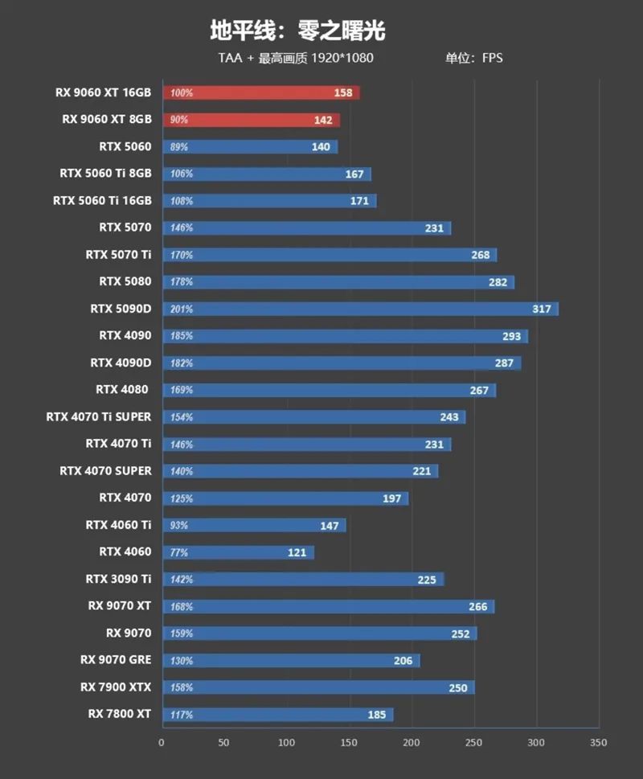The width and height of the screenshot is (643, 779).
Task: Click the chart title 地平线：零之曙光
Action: tap(297, 31)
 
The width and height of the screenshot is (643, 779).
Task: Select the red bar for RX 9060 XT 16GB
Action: tap(260, 92)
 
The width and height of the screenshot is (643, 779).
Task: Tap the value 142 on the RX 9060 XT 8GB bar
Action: tap(323, 120)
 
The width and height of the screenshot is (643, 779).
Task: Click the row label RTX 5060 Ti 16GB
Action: tap(102, 200)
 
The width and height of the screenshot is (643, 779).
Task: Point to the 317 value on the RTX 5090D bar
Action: tap(542, 309)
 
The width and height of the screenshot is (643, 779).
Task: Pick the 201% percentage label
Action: tap(182, 309)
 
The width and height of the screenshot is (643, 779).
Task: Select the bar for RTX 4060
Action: tap(238, 552)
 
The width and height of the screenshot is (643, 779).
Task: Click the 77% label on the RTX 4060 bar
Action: tap(179, 552)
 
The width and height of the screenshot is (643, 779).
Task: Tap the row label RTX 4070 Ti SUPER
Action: tap(99, 416)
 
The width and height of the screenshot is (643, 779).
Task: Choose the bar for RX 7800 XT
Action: tap(277, 714)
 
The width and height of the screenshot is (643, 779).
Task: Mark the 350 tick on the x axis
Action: tap(598, 743)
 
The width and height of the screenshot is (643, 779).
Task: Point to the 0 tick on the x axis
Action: tap(162, 743)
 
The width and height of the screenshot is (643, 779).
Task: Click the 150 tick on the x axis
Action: tap(349, 743)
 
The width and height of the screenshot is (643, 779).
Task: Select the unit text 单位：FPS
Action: tap(474, 58)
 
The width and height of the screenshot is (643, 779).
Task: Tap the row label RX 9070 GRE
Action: tap(116, 660)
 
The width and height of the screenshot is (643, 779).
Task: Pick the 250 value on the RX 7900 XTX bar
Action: tap(458, 687)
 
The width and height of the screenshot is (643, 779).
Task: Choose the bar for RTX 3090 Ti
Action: tap(303, 579)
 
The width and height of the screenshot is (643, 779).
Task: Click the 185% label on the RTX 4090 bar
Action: tap(182, 336)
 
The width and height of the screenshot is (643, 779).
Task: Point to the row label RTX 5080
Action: tap(125, 281)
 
